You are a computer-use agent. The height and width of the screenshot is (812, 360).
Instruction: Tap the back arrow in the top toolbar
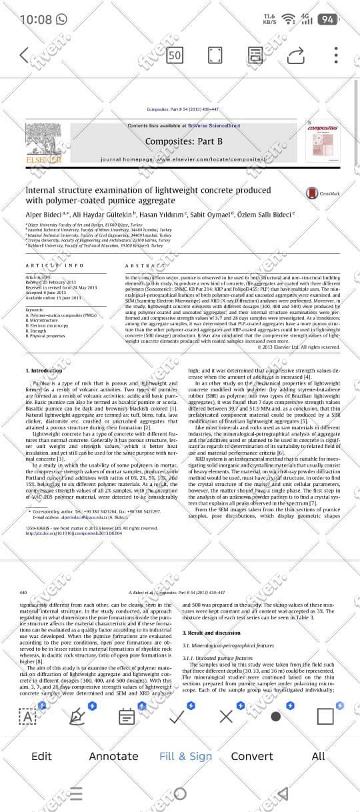click(25, 55)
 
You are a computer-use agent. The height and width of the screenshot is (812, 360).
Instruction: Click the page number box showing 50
click(175, 55)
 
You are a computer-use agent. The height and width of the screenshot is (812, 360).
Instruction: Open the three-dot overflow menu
click(336, 55)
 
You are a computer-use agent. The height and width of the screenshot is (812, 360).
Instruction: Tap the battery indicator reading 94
click(327, 19)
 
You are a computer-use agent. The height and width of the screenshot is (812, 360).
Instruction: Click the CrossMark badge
click(323, 193)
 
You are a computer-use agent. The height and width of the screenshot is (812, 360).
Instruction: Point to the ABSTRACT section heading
click(141, 265)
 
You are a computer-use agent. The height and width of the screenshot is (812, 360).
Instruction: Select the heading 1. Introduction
click(43, 370)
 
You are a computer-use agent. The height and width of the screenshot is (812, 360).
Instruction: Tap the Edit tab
click(41, 756)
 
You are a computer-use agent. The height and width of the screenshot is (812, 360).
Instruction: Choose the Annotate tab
click(114, 756)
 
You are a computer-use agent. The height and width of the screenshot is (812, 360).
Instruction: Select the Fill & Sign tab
click(185, 756)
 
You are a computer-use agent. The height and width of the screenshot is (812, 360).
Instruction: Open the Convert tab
click(251, 756)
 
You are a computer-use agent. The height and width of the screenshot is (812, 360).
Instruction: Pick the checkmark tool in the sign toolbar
click(177, 717)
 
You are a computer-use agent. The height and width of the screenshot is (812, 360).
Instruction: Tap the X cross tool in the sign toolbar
click(226, 717)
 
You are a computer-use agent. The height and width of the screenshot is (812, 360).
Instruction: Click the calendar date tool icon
click(127, 717)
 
